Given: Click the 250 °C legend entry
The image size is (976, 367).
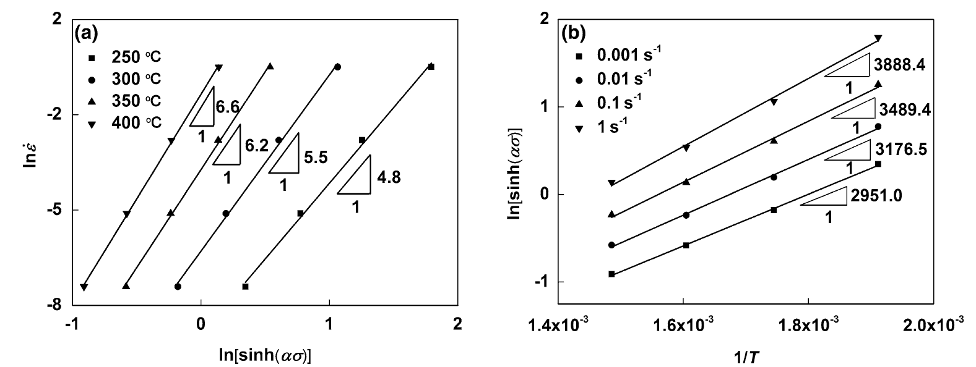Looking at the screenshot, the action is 124,57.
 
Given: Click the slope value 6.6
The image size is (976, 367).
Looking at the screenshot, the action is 227,107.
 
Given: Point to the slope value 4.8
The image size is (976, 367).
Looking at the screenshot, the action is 389,177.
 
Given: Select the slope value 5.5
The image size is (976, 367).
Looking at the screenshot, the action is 316,158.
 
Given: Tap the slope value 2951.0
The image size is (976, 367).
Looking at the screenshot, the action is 876,196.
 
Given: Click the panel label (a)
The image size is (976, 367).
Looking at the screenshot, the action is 86,33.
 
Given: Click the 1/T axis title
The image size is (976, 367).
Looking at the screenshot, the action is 747,357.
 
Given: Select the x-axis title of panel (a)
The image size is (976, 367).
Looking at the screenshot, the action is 265,355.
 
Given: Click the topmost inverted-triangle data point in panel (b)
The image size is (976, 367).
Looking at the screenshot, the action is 878,38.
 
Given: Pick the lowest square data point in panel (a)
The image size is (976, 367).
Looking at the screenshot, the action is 245,287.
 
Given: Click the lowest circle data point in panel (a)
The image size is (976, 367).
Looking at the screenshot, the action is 178,287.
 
